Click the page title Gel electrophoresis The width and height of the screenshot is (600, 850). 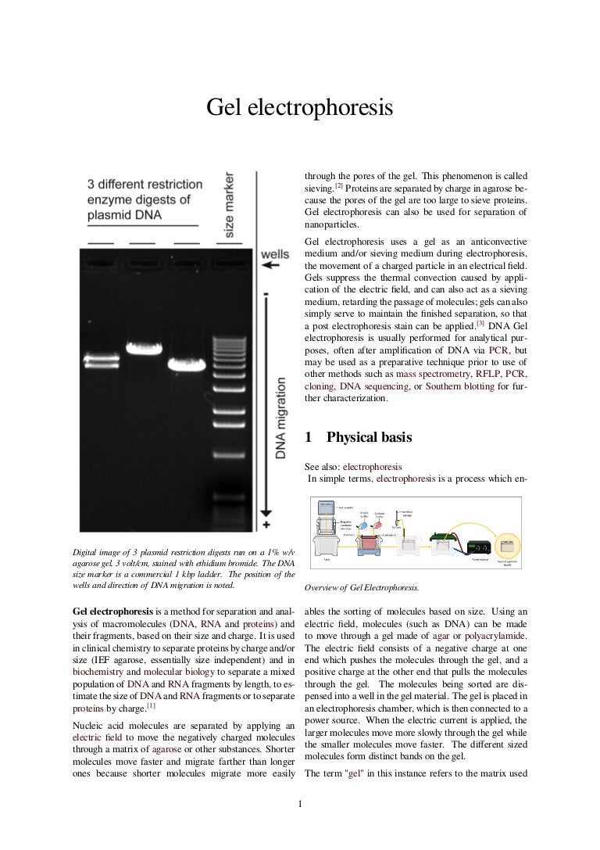(299, 109)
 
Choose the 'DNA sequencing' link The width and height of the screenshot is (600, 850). (373, 386)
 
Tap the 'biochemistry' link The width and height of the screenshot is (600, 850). (98, 671)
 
